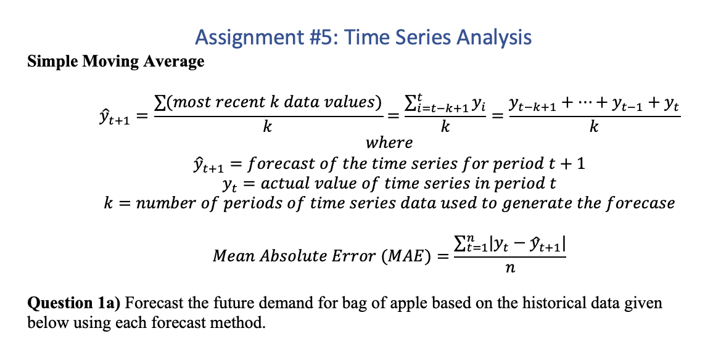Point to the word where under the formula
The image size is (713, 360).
coord(389,143)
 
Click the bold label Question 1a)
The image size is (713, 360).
coord(75,303)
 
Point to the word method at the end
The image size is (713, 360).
coord(246,322)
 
